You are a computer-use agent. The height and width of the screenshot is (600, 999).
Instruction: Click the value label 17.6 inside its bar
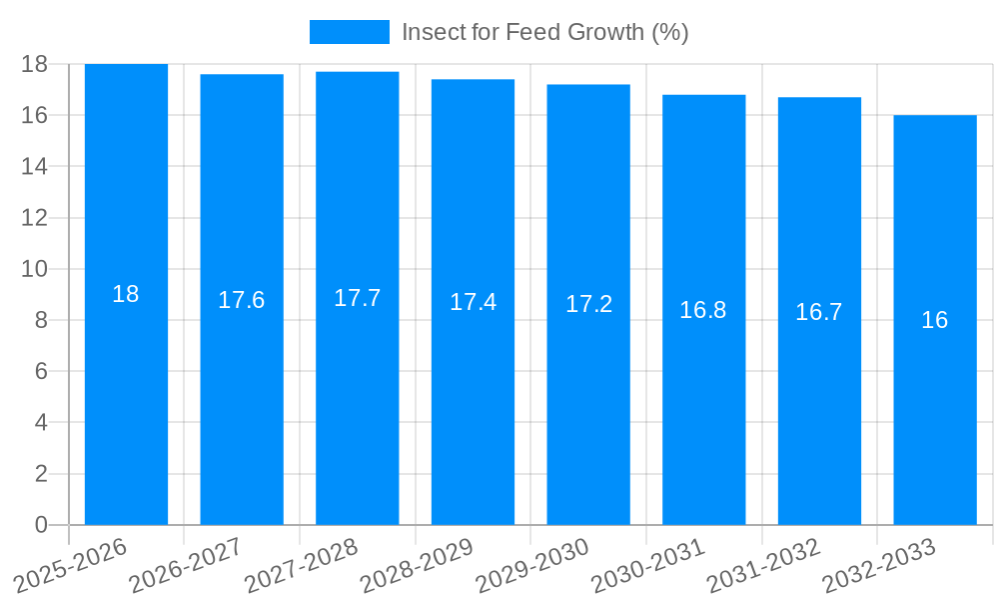pos(242,300)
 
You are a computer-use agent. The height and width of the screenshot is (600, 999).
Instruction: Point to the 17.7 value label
pos(357,298)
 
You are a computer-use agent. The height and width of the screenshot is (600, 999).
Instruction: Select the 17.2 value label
pos(588,305)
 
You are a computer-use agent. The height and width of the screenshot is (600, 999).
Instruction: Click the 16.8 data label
pos(703,310)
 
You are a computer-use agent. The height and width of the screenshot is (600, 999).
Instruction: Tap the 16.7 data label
pos(819,312)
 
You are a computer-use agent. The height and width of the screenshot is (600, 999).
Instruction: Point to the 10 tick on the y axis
pos(35,269)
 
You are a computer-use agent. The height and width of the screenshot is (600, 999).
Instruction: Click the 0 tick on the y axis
pos(41,525)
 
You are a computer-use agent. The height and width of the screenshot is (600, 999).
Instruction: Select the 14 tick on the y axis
pos(35,166)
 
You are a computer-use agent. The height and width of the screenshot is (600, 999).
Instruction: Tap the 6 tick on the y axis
pos(41,371)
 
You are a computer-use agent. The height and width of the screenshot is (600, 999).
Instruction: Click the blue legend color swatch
pos(349,32)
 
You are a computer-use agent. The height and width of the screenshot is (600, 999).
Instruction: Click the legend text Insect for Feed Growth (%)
pos(544,32)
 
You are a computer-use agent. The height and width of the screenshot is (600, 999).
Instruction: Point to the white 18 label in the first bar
pos(126,294)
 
